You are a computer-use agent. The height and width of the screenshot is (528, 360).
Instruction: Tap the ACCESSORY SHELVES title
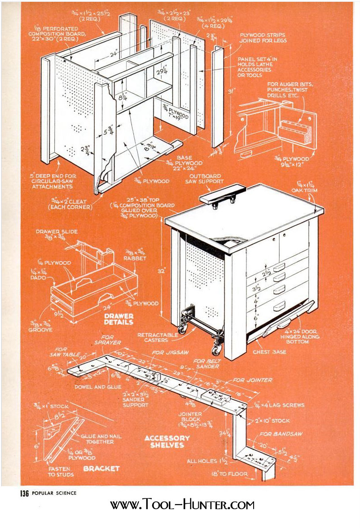coord(167,441)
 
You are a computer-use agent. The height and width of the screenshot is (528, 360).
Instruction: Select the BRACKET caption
coord(101,469)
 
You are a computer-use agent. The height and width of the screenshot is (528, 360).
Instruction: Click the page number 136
coord(24,493)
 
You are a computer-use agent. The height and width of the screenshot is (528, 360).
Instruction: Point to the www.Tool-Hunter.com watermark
coord(182,505)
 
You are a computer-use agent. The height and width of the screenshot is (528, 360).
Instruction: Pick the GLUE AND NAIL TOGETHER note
coord(101,438)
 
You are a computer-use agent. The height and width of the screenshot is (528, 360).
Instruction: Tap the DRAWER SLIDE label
coord(58,235)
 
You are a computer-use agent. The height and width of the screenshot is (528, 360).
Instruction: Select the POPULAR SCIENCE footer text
coord(54,493)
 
